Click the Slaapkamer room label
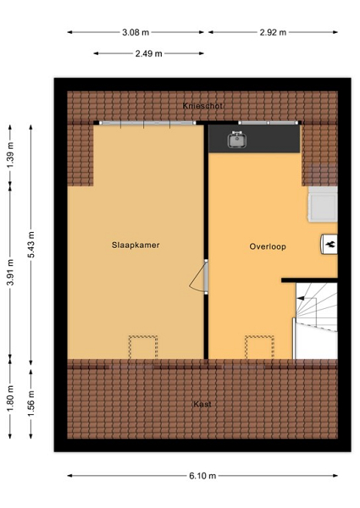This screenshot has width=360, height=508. click(x=136, y=245)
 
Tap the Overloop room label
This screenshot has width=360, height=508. click(x=268, y=246)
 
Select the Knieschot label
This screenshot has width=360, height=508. click(x=202, y=106)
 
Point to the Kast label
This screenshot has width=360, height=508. click(x=202, y=404)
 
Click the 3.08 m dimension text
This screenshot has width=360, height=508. click(x=136, y=32)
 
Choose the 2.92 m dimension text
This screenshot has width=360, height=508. click(x=273, y=32)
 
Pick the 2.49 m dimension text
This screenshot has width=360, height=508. click(x=149, y=53)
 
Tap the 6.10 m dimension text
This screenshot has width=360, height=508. click(x=202, y=476)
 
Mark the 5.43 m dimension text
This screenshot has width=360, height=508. click(x=31, y=245)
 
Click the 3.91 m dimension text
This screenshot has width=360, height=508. click(x=10, y=272)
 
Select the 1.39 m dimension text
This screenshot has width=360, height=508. click(x=10, y=156)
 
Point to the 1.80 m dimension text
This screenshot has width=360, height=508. click(x=10, y=399)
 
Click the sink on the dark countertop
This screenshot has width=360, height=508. click(x=237, y=140)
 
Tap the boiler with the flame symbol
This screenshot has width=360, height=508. click(x=329, y=244)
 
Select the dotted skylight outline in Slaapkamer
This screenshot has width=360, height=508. click(x=143, y=347)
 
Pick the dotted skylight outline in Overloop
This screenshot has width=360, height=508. click(x=259, y=347)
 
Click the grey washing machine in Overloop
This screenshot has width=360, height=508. click(x=323, y=204)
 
